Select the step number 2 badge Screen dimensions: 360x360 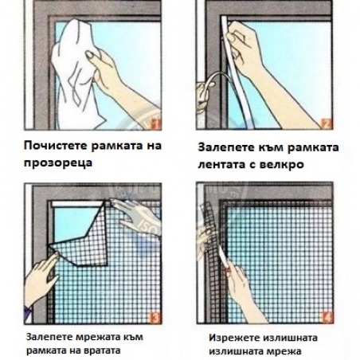coord(327,123)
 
